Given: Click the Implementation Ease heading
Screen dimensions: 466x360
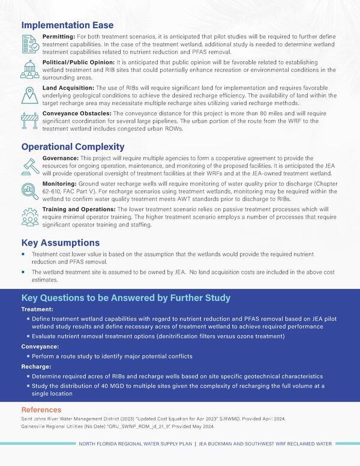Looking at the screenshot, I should [67, 25].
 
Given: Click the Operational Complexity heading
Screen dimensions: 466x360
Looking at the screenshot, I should [73, 147].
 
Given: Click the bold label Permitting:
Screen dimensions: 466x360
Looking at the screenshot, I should [59, 37].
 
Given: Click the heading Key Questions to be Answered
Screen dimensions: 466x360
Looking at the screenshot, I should [126, 298].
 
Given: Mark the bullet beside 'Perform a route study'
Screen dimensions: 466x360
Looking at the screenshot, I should [27, 357].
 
